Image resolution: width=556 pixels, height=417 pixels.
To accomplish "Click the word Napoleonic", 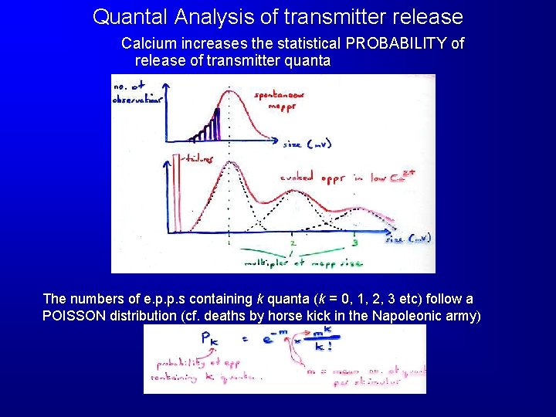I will (x=404, y=316).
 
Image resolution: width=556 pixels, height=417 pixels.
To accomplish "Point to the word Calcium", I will (x=147, y=43).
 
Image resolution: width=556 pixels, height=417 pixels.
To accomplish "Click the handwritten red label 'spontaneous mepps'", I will (x=280, y=100).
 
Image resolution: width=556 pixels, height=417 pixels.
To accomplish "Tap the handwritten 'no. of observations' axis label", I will (x=136, y=93).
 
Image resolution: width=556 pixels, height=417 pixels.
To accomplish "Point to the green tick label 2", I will (x=292, y=243).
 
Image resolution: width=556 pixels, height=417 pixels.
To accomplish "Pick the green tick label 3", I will (x=354, y=243).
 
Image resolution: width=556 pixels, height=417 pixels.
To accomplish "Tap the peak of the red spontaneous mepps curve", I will (x=229, y=91).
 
